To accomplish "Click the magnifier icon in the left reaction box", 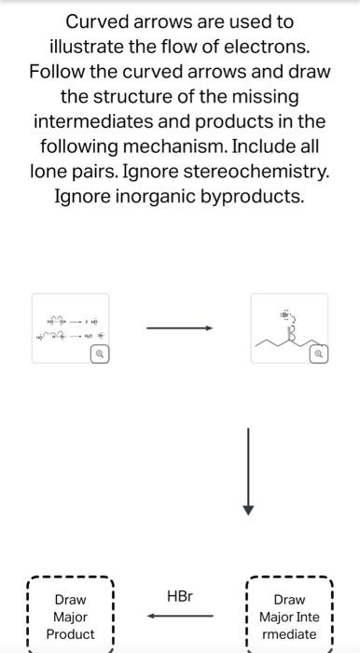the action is (96, 355).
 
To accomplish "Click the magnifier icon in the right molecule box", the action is (318, 355).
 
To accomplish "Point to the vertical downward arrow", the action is (248, 472).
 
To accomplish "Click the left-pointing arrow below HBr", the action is (180, 616).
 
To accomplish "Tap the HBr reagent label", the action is (180, 595).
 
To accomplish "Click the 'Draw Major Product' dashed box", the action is (71, 617).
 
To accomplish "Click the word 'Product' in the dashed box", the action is (71, 634).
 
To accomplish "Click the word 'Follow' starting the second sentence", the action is (61, 71).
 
